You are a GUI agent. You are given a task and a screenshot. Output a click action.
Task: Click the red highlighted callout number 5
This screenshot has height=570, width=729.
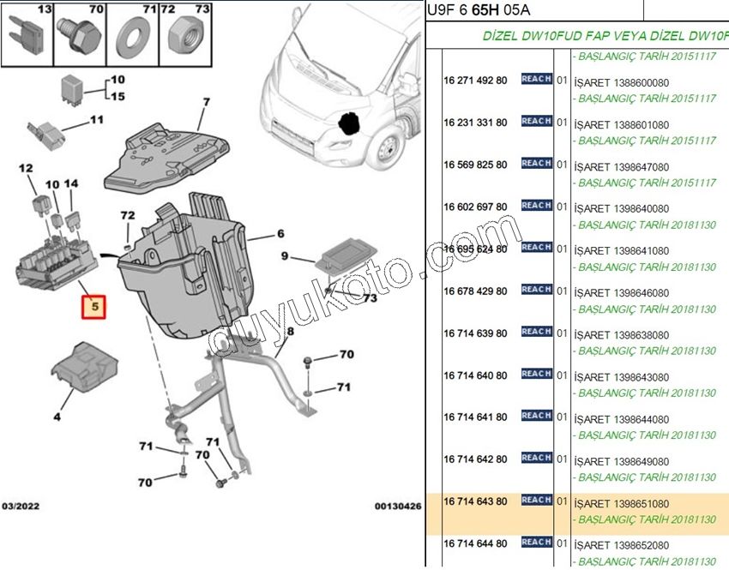click(x=95, y=306)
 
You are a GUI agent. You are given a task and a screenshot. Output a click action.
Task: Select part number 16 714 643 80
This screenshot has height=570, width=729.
click(x=475, y=501)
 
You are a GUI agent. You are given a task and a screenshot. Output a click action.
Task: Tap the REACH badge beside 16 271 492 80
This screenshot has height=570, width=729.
click(x=536, y=79)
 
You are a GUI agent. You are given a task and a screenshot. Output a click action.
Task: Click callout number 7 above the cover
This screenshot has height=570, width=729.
click(x=206, y=103)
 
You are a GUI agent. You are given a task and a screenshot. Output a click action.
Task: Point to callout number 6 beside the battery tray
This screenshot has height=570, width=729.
click(x=280, y=233)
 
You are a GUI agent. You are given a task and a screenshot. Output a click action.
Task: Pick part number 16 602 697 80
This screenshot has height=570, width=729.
click(x=475, y=207)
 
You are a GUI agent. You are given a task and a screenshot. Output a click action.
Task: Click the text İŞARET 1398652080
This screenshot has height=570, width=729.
click(x=621, y=545)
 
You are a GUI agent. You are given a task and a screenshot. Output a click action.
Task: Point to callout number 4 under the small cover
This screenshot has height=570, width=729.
click(x=57, y=417)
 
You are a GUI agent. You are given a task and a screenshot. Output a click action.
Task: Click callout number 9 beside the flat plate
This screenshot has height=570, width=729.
click(x=285, y=255)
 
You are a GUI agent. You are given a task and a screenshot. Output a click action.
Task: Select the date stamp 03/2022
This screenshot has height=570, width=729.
click(x=20, y=507)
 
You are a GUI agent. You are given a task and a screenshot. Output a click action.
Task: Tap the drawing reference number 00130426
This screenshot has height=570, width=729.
click(x=398, y=507)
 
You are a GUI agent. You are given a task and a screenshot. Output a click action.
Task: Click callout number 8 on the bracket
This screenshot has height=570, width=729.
click(x=290, y=331)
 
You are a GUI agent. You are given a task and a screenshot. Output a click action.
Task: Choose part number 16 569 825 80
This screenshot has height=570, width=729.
click(x=475, y=164)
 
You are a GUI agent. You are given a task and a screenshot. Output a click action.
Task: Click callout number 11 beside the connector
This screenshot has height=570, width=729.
click(x=96, y=120)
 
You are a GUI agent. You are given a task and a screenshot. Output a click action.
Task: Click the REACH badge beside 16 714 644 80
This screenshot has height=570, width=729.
click(x=536, y=542)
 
